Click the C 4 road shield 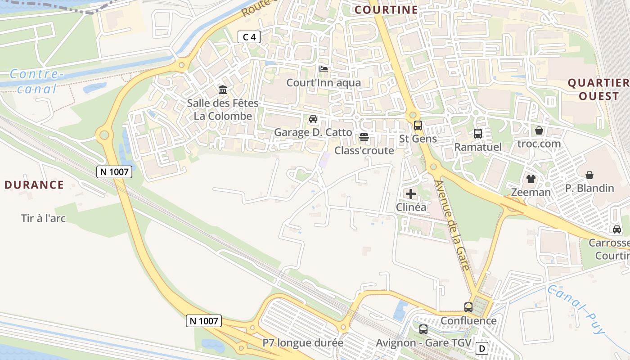point(249,37)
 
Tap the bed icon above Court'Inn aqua point(323,69)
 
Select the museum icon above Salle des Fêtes point(223,90)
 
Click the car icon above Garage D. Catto point(313,119)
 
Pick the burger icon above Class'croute point(364,137)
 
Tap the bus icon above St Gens point(418,125)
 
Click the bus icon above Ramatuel point(477,133)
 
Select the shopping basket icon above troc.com point(539,130)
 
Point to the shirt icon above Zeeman point(531,179)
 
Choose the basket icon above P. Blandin point(589,175)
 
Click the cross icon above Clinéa point(410,194)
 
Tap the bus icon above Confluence point(468,307)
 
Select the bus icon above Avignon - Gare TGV point(423,329)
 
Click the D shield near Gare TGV point(482,348)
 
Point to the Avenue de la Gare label point(452,225)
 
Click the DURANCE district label point(34,184)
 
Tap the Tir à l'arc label point(43,219)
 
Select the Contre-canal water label point(34,81)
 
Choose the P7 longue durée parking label point(303,343)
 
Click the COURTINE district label point(386,9)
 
